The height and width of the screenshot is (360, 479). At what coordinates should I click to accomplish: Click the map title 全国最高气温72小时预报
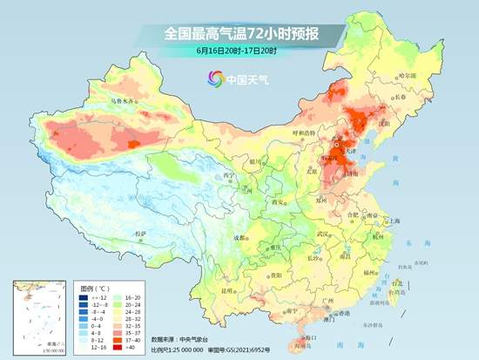(x=239, y=34)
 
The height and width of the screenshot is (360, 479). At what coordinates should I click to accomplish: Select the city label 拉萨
(x=138, y=234)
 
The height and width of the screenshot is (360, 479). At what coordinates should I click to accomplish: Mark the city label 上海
(x=394, y=221)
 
